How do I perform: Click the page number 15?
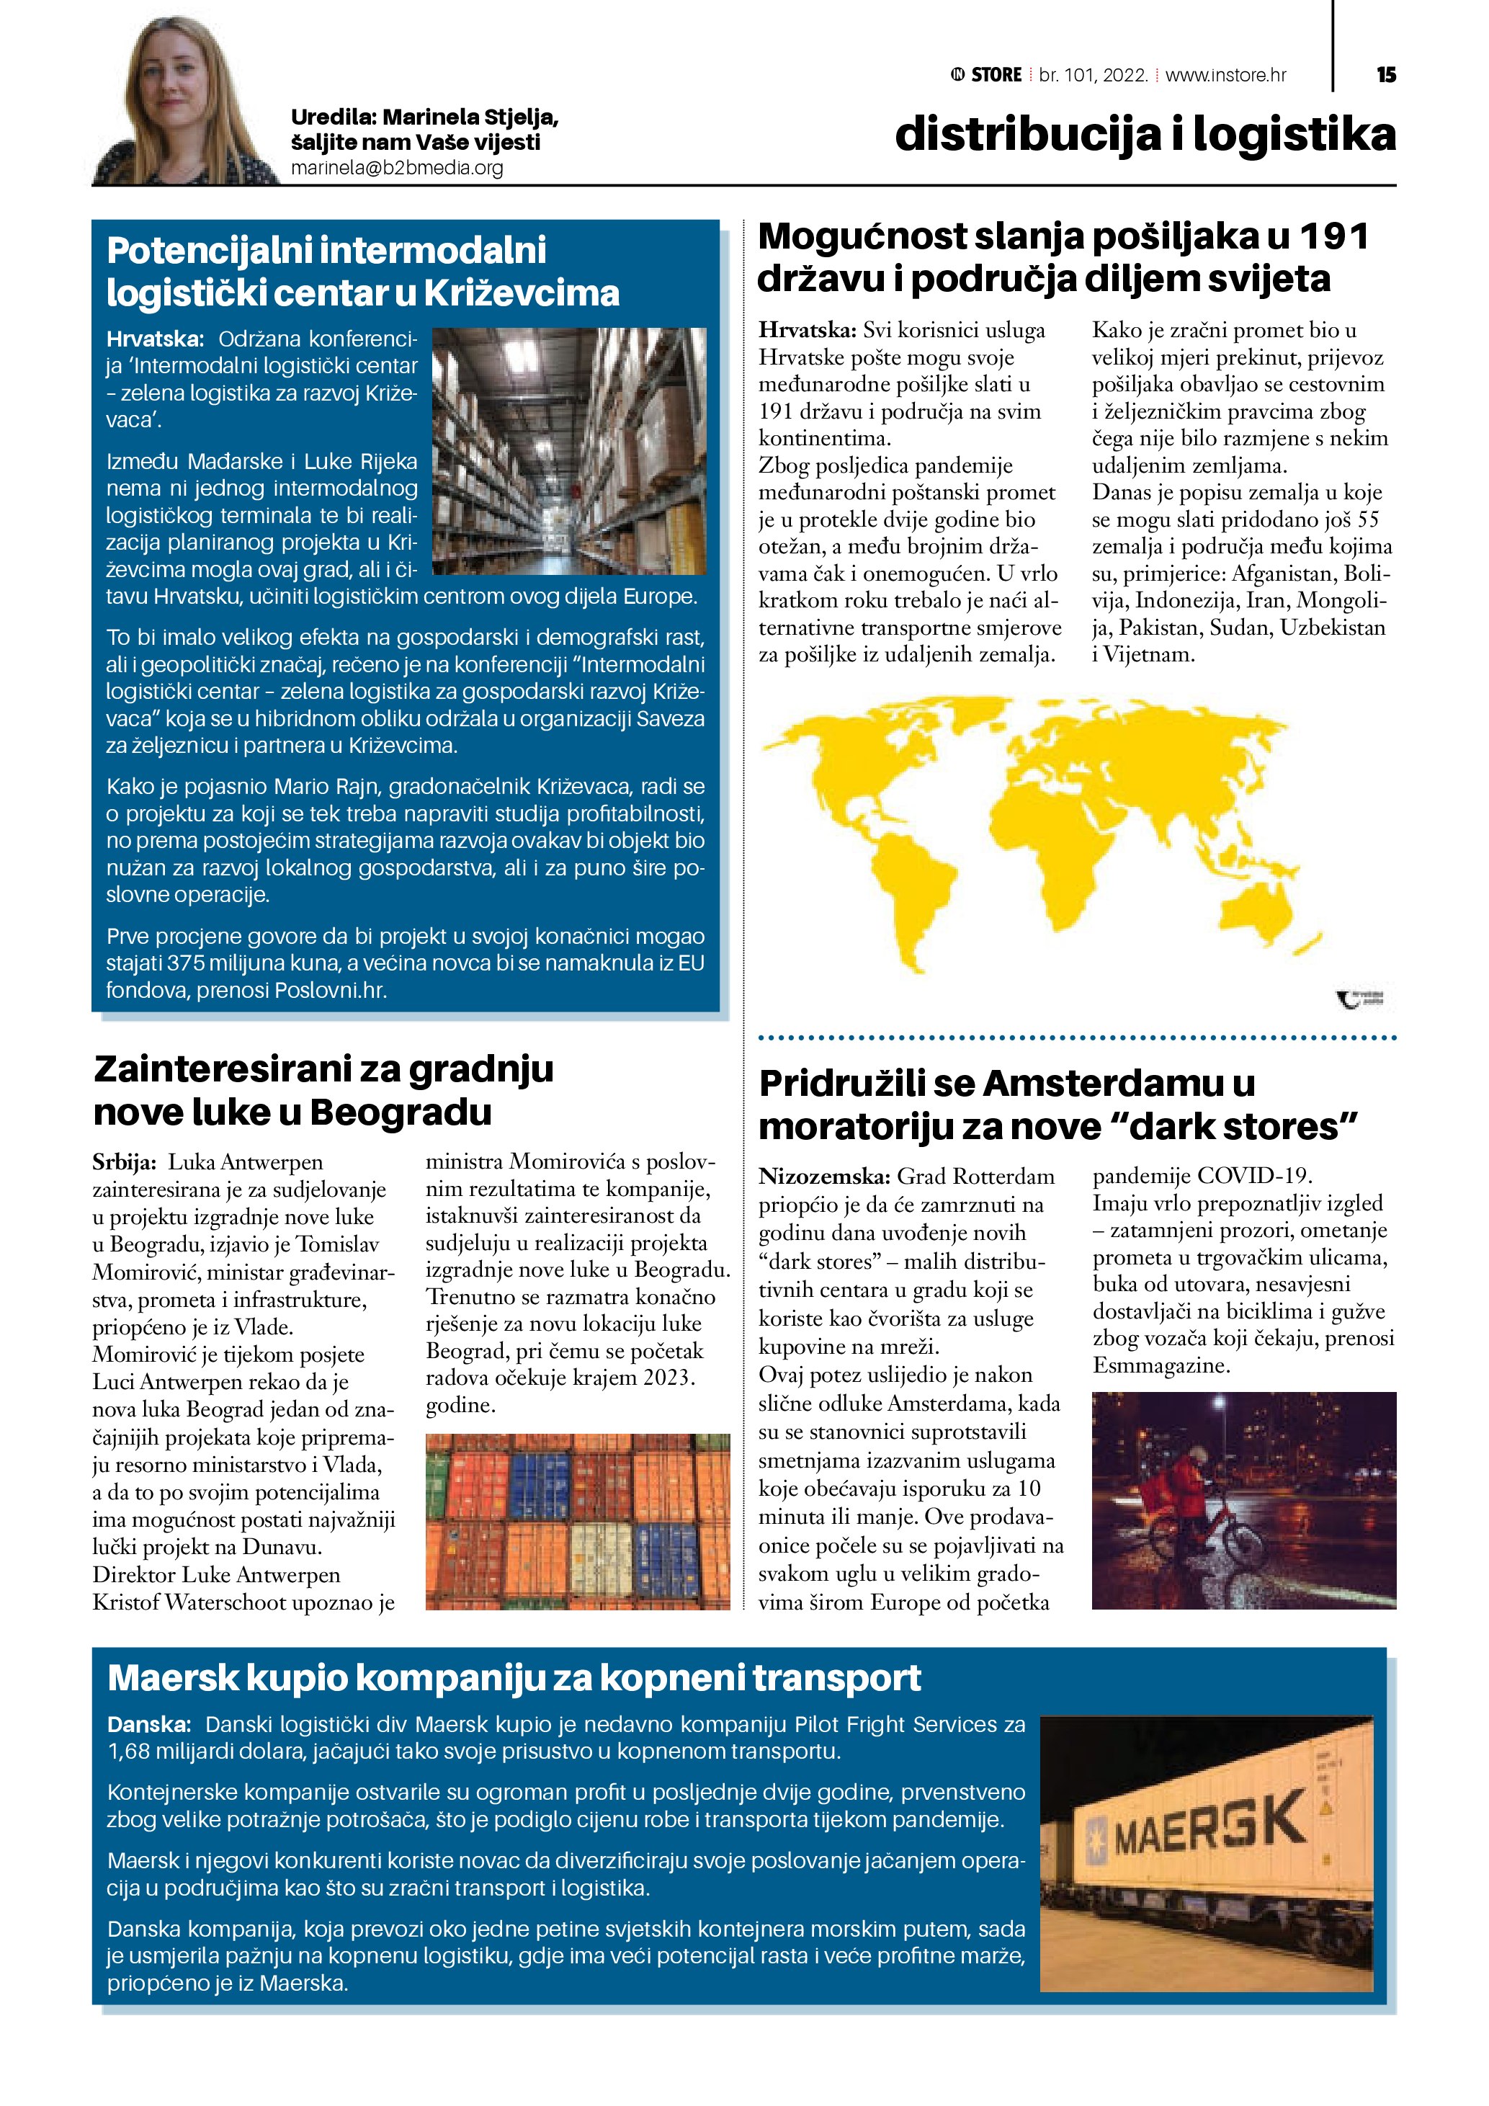(x=1385, y=75)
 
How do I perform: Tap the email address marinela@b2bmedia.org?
(x=397, y=168)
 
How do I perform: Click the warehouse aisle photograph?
(x=568, y=451)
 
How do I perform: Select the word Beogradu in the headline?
(x=401, y=1112)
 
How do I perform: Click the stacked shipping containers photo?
(x=578, y=1522)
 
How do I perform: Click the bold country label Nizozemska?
(x=823, y=1177)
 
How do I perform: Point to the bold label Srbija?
(x=124, y=1163)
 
